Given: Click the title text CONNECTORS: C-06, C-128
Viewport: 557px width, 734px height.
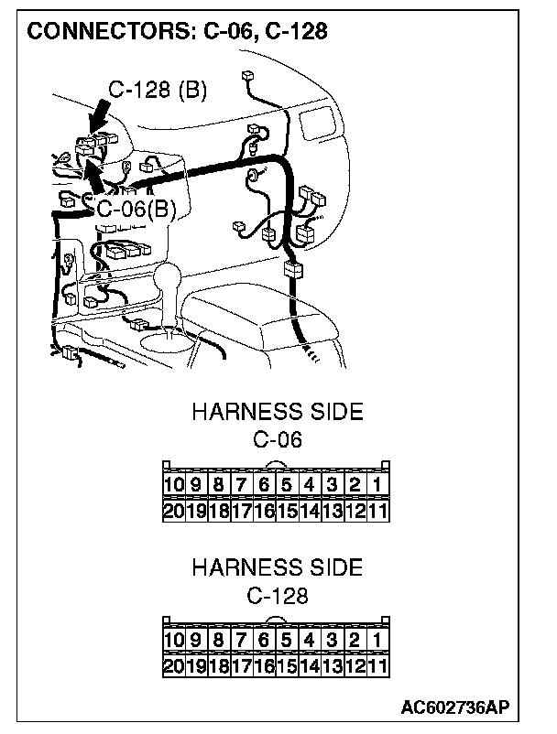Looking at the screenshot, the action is point(177,33).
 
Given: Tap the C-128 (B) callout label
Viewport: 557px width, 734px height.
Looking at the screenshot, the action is point(157,90).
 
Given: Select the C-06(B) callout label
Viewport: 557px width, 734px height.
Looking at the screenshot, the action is point(136,209).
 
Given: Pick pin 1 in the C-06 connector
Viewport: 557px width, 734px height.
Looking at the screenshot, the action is point(377,484).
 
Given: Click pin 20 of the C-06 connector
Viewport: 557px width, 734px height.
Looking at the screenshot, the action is point(174,510).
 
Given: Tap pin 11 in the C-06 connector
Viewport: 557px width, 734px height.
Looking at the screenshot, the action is point(377,510).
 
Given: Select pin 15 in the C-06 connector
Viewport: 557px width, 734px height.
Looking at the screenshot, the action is point(286,510).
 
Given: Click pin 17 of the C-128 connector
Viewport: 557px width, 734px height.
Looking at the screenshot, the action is point(241,665).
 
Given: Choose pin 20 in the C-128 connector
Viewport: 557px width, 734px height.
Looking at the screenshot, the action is point(174,665).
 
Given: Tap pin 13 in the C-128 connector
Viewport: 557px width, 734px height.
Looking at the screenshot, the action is point(332,665).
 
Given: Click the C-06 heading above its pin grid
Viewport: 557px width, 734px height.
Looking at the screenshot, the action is point(277,439).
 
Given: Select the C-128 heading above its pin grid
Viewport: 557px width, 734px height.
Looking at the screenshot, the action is point(277,595).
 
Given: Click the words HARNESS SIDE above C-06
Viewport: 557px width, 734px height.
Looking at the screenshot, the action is point(277,412).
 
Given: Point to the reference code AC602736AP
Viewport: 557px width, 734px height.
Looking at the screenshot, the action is point(454,708).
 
